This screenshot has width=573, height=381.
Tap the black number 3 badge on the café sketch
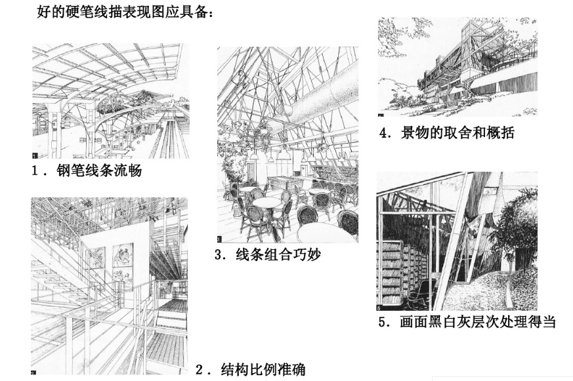tap(221, 239)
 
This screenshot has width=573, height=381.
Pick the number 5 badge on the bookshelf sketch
tap(380, 307)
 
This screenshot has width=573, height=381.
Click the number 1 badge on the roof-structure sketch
tap(35, 155)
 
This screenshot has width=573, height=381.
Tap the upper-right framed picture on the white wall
tap(123, 256)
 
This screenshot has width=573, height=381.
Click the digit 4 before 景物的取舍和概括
tap(385, 134)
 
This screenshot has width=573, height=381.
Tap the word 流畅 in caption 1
tap(128, 172)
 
